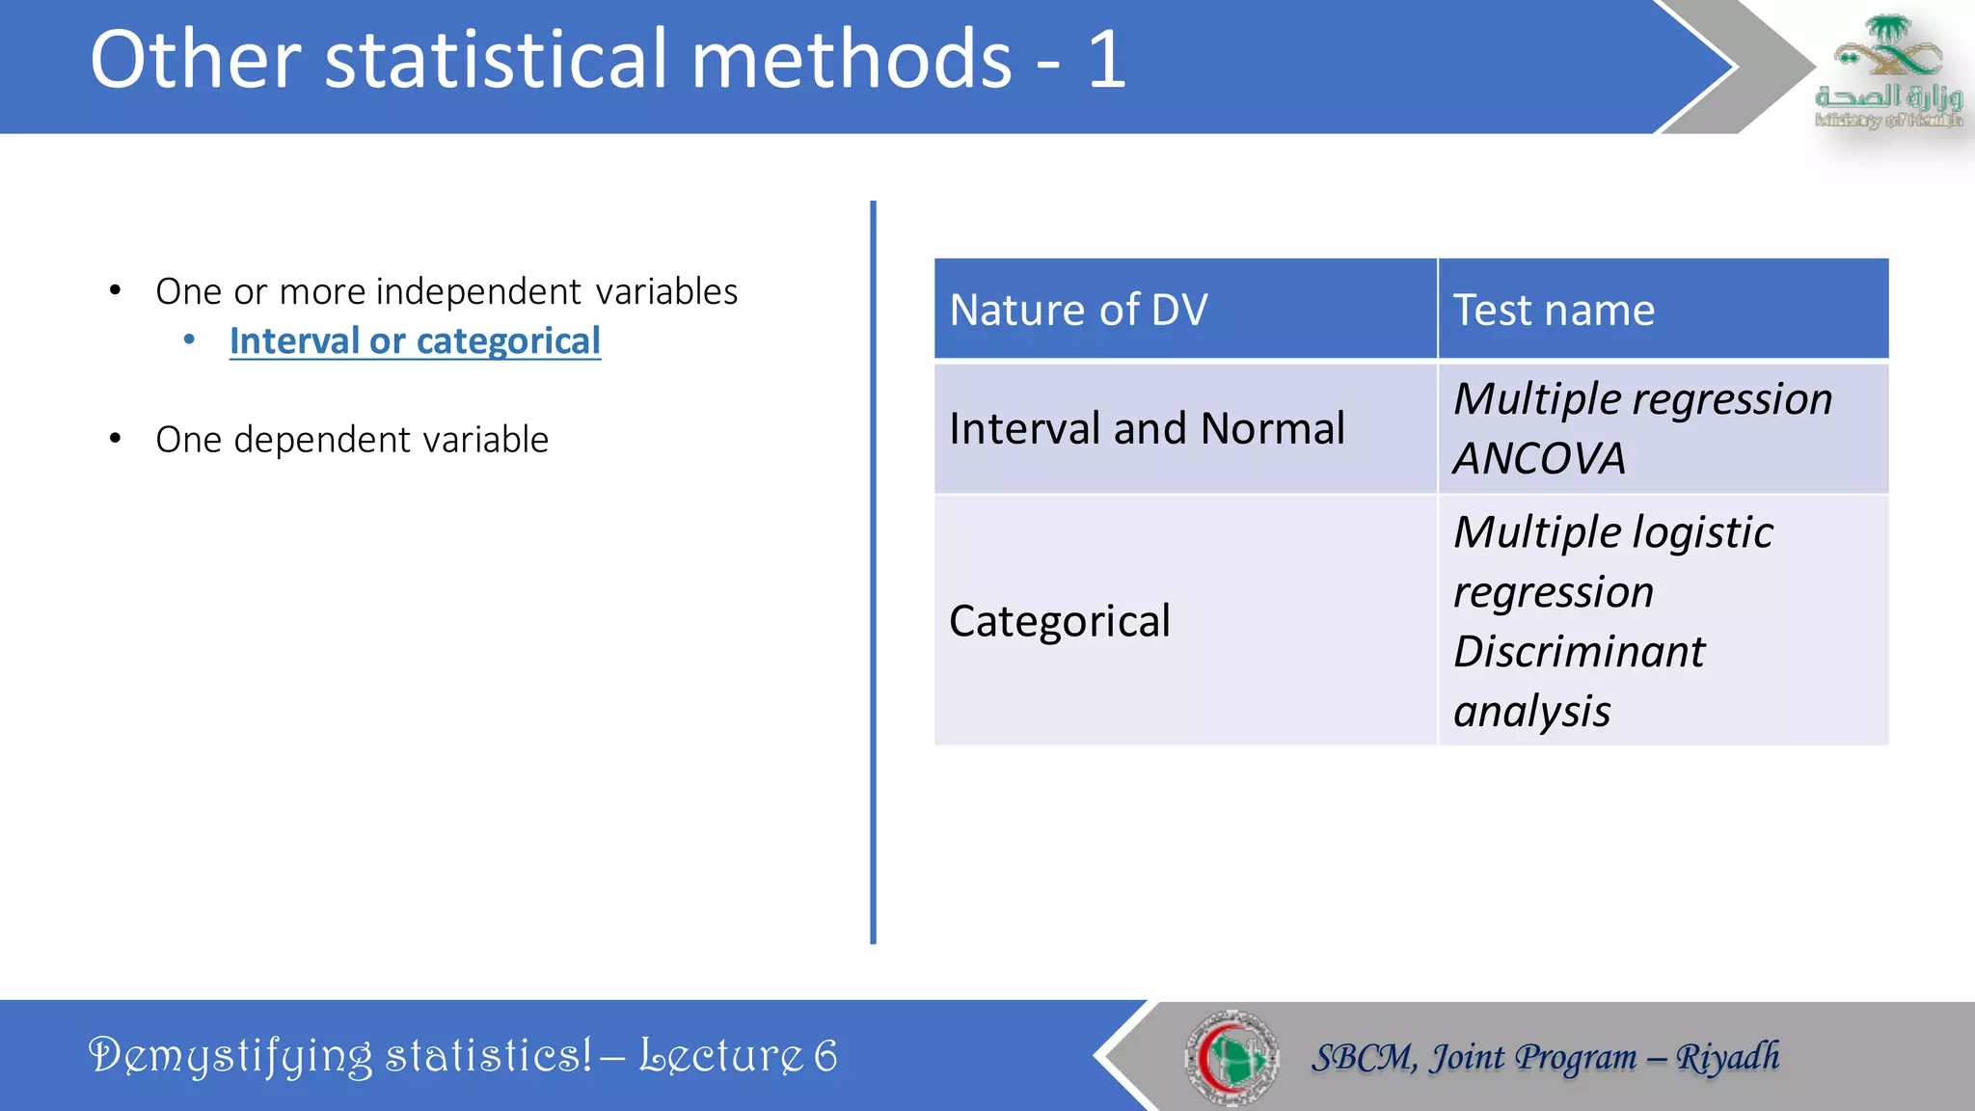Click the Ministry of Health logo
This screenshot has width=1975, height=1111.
pyautogui.click(x=1887, y=71)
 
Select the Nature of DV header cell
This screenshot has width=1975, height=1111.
pyautogui.click(x=1184, y=310)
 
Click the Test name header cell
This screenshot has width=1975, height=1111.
pyautogui.click(x=1663, y=310)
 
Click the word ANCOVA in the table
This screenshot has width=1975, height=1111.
pyautogui.click(x=1539, y=458)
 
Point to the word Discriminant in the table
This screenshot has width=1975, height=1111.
pyautogui.click(x=1579, y=652)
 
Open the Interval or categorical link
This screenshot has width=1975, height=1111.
pyautogui.click(x=415, y=341)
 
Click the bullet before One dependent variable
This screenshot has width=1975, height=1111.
pyautogui.click(x=116, y=440)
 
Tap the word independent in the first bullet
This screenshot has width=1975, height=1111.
pyautogui.click(x=478, y=291)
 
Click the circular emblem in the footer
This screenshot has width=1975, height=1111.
pyautogui.click(x=1231, y=1057)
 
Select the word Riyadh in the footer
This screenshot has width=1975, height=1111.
pyautogui.click(x=1727, y=1057)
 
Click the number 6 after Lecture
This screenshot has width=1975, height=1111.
pyautogui.click(x=825, y=1055)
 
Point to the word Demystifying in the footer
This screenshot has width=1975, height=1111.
pyautogui.click(x=230, y=1055)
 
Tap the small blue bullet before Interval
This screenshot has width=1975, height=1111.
pyautogui.click(x=190, y=339)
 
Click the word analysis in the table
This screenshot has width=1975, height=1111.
pyautogui.click(x=1531, y=712)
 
